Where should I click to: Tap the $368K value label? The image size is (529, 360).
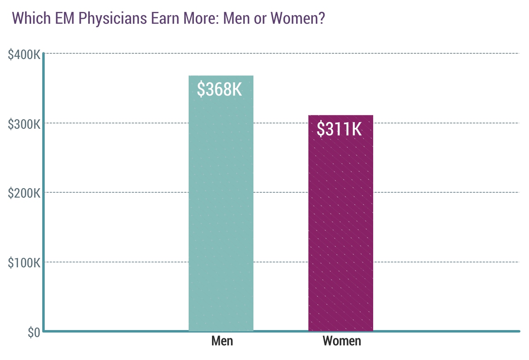(x=219, y=89)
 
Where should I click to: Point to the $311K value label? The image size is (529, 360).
(x=340, y=129)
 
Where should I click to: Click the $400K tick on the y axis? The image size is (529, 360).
(x=24, y=54)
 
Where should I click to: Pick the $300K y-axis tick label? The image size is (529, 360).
(x=24, y=123)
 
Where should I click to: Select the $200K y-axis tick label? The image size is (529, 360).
(x=24, y=193)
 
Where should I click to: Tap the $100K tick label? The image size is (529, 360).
(x=24, y=262)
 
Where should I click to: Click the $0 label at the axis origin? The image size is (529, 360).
(x=34, y=333)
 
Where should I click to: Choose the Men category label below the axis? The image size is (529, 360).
(x=222, y=341)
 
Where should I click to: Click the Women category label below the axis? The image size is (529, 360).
(x=342, y=341)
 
